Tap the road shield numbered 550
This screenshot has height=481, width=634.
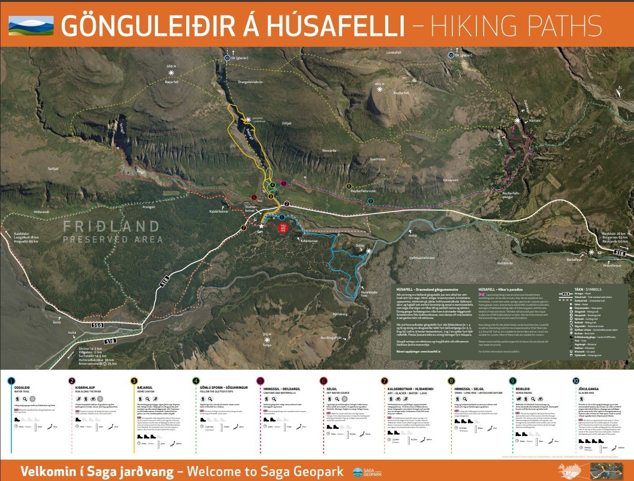(97, 325)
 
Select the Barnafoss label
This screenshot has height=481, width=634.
(574, 260)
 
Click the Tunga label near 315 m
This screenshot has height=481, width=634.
(267, 345)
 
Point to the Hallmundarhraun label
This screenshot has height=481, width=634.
(422, 258)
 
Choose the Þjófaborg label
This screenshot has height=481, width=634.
(340, 314)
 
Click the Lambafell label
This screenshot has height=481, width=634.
(394, 53)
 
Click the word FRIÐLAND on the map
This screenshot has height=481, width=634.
(111, 227)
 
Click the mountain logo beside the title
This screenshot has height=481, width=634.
(31, 25)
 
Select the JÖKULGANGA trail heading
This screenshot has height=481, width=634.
(589, 389)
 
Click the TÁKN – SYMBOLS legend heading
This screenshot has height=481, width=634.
(588, 289)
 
